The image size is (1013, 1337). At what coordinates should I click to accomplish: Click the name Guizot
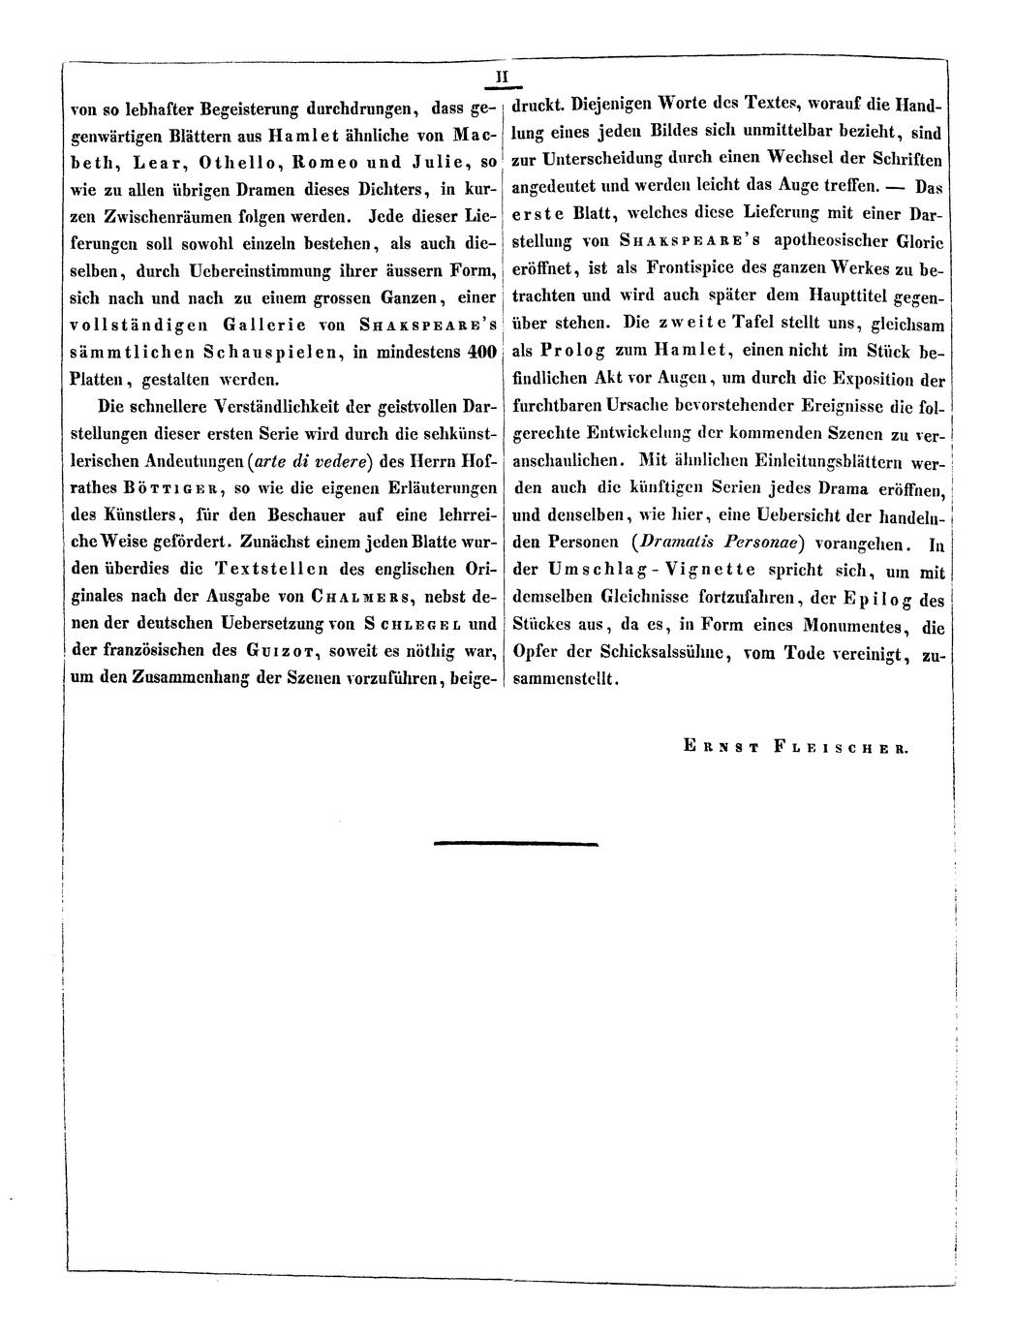tap(290, 649)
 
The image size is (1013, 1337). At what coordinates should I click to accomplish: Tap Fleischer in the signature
tap(849, 746)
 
